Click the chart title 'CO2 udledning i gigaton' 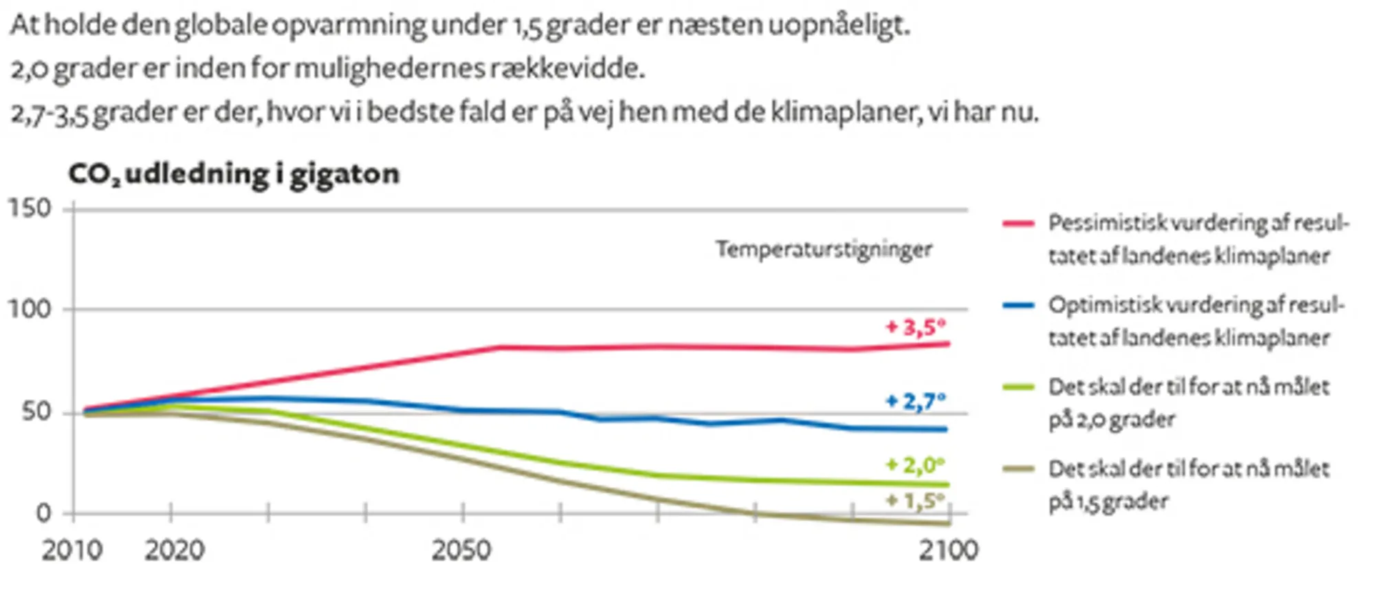click(234, 174)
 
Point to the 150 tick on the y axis click(30, 208)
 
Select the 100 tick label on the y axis click(30, 309)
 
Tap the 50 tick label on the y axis click(36, 412)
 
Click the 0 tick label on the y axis click(43, 513)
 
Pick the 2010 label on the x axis click(71, 551)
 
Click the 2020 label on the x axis click(174, 551)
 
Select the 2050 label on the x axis click(461, 551)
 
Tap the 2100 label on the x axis click(948, 551)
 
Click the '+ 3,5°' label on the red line click(915, 327)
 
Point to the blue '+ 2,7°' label click(915, 401)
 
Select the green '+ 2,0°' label click(915, 465)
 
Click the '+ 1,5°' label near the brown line click(915, 500)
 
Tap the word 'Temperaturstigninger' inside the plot click(824, 249)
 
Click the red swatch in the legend click(1018, 224)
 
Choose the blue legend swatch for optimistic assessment click(1018, 306)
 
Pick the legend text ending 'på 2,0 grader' click(1188, 403)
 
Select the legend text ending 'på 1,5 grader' click(1188, 484)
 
